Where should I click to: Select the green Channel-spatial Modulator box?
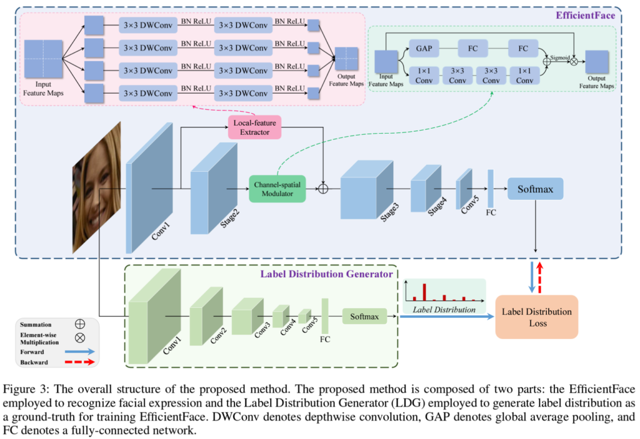277,188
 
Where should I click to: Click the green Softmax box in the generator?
364,317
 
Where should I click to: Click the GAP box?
423,47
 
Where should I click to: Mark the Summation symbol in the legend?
79,325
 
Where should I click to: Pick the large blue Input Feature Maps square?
44,59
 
